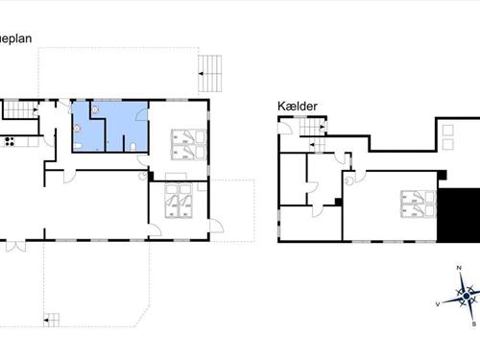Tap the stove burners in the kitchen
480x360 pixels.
[10, 142]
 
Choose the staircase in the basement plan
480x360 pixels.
[310, 129]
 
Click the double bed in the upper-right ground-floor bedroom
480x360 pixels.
[185, 144]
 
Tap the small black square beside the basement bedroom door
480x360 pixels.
[339, 201]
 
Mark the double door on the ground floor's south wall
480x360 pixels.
[12, 245]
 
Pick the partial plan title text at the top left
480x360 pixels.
[16, 39]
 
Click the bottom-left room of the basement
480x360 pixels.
[309, 223]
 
